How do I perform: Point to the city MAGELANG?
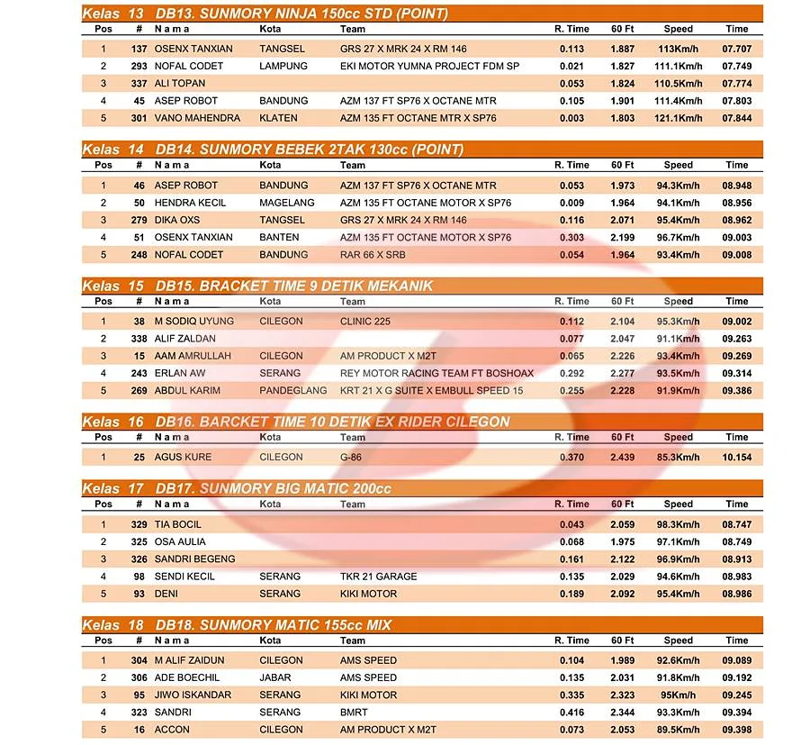pos(286,203)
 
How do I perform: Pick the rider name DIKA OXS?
pos(177,220)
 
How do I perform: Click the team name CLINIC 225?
pos(365,321)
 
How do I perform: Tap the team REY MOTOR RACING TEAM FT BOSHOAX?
pos(436,373)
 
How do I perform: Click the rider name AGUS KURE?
pos(183,457)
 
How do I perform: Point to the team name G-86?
pos(351,457)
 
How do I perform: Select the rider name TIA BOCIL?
pos(177,524)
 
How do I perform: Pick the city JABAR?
pos(274,677)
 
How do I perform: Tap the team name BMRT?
pos(354,712)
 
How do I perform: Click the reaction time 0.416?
pos(571,712)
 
